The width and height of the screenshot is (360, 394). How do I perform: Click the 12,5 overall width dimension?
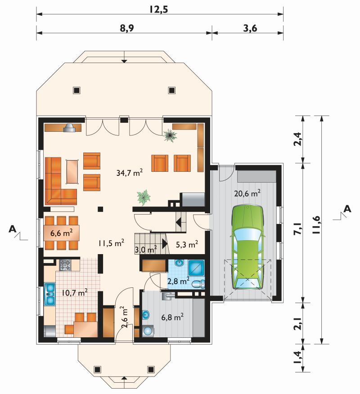pyautogui.click(x=158, y=9)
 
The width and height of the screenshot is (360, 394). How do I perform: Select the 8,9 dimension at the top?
pyautogui.click(x=127, y=28)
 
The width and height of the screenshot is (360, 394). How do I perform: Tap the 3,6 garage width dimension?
pyautogui.click(x=250, y=28)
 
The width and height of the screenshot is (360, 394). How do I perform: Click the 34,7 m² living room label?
pyautogui.click(x=130, y=172)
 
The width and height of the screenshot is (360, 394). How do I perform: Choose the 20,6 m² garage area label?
pyautogui.click(x=247, y=193)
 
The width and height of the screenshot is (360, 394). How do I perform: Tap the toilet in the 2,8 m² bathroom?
pyautogui.click(x=198, y=284)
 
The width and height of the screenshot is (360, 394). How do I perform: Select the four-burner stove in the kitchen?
pyautogui.click(x=65, y=265)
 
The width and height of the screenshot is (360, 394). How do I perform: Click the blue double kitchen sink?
pyautogui.click(x=50, y=294)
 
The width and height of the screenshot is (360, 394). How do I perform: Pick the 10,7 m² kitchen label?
pyautogui.click(x=74, y=292)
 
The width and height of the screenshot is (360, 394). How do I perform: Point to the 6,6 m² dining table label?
pyautogui.click(x=62, y=233)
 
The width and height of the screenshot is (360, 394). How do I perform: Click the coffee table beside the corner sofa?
pyautogui.click(x=72, y=172)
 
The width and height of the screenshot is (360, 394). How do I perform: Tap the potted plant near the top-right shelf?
pyautogui.click(x=170, y=136)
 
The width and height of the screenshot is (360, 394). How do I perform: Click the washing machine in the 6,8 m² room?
pyautogui.click(x=148, y=331)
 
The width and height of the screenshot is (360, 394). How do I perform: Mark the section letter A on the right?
pyautogui.click(x=347, y=209)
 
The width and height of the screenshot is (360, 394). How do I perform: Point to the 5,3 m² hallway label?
pyautogui.click(x=187, y=244)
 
